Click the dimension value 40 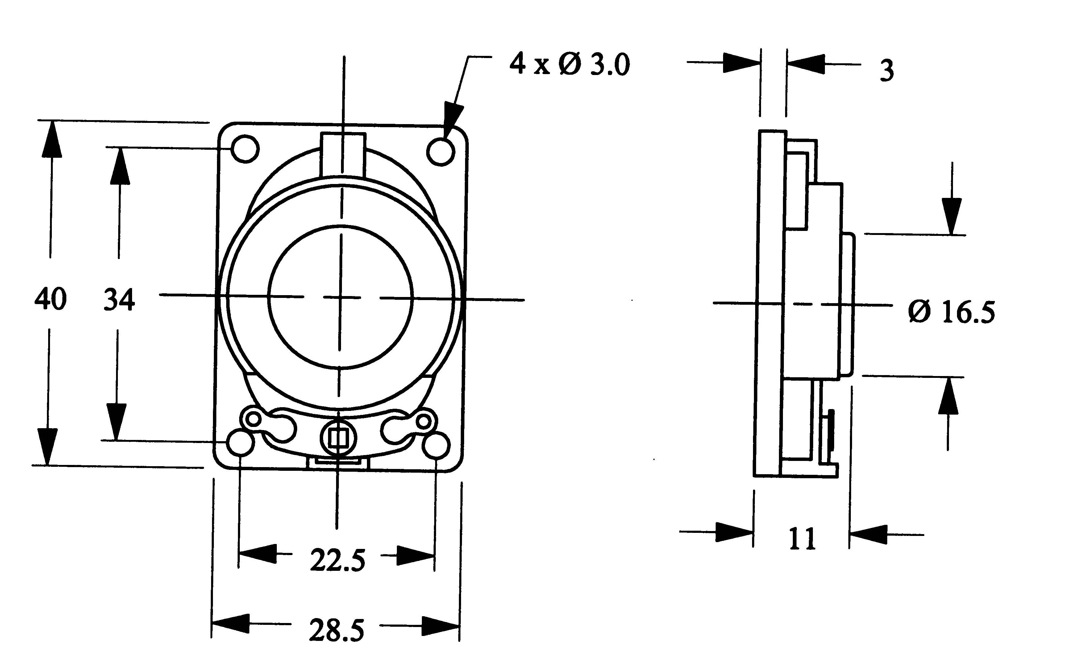point(50,299)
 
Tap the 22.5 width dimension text point(337,561)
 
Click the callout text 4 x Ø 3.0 point(569,65)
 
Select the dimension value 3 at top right point(886,71)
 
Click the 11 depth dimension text point(802,539)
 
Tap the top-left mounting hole point(245,149)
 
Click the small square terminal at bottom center point(338,438)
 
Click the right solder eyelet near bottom point(424,421)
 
